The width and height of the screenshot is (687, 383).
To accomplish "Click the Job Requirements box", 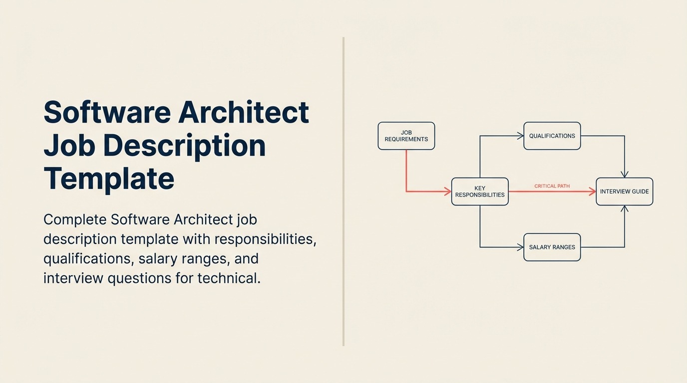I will (406, 136).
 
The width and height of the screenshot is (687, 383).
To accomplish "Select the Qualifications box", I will (552, 136).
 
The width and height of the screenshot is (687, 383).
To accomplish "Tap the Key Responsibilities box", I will (479, 191).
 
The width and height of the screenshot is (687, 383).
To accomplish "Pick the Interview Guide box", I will (624, 191).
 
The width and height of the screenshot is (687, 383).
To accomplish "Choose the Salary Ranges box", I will (552, 247).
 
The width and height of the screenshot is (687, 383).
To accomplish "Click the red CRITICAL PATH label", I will (552, 186).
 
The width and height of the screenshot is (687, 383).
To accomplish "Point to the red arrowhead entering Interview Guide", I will (593, 191).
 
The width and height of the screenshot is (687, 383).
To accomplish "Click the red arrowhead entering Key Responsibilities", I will (448, 191).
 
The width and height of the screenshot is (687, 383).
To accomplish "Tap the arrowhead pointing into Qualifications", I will (520, 136).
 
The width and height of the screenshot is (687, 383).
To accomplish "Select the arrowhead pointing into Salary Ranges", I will (520, 247).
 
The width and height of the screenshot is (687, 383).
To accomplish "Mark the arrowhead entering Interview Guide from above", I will (624, 174).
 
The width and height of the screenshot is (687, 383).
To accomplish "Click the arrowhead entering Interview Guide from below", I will (624, 209).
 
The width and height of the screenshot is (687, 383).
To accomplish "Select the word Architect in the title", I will (244, 113).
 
